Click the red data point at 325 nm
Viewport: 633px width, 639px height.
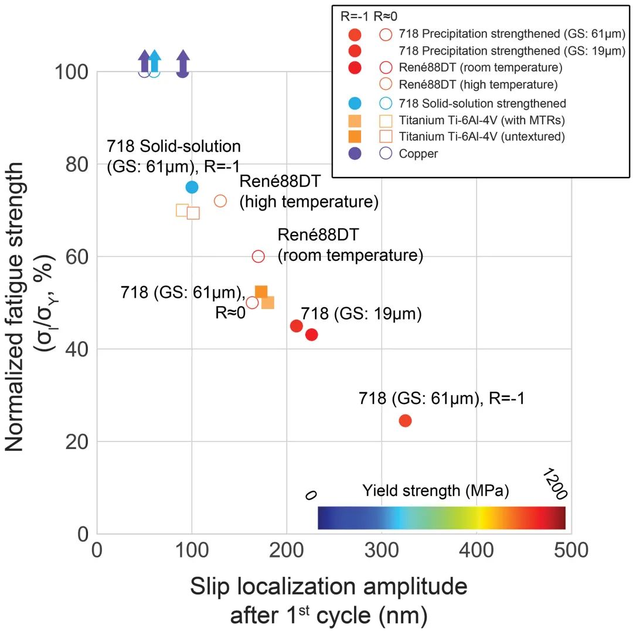[x=405, y=420]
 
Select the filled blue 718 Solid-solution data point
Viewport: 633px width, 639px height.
[x=192, y=187]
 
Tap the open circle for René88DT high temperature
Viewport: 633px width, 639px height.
[x=220, y=201]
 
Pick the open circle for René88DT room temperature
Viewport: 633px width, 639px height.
[x=258, y=256]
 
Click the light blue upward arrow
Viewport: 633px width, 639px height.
[x=154, y=61]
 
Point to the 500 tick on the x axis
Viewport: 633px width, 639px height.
[x=571, y=552]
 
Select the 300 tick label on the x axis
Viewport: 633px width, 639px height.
[x=382, y=552]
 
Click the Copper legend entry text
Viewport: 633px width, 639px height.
[x=418, y=154]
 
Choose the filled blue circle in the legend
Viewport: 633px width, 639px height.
[x=355, y=103]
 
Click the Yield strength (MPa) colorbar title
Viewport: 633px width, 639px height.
[x=435, y=491]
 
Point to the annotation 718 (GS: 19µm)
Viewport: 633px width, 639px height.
[x=362, y=313]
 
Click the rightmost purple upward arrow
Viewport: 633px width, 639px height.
[x=183, y=62]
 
